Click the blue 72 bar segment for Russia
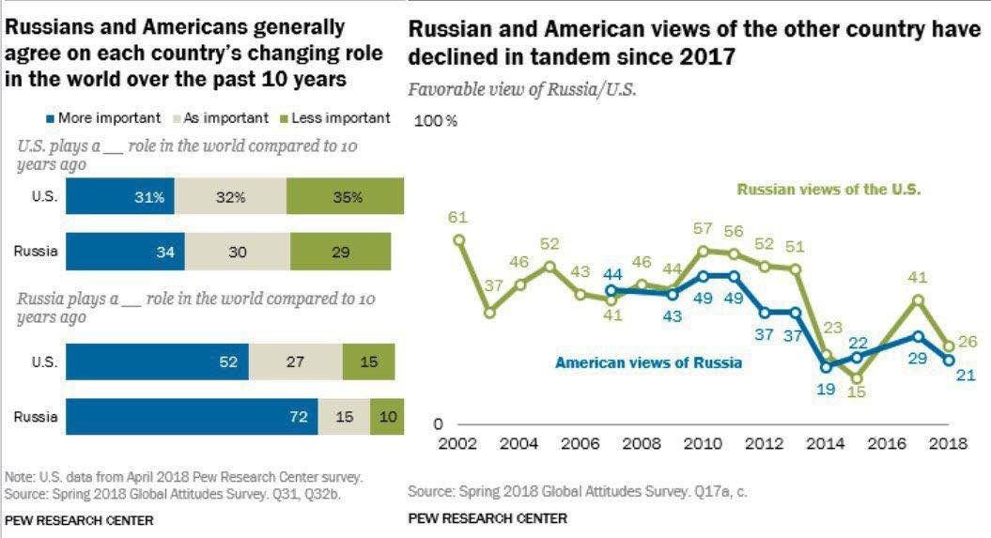point(192,416)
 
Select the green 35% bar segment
point(346,198)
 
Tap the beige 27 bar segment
point(295,362)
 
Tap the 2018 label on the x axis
point(950,444)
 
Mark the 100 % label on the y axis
point(436,121)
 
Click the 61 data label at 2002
point(457,218)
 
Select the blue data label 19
point(826,388)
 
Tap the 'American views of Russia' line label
point(648,362)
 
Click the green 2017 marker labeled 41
point(918,300)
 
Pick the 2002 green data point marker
point(459,239)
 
